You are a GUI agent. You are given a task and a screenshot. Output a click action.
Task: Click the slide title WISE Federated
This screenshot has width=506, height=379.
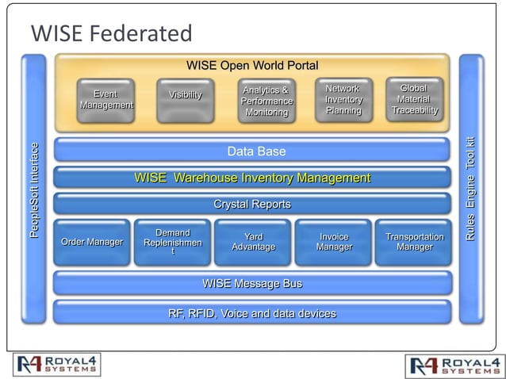click(x=111, y=33)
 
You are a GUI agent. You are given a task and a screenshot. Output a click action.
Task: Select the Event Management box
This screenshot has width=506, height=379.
click(x=105, y=101)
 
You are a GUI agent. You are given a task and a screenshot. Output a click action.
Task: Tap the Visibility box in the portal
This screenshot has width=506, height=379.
click(x=185, y=101)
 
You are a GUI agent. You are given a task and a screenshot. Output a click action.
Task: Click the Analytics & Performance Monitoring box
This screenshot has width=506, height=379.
click(x=266, y=101)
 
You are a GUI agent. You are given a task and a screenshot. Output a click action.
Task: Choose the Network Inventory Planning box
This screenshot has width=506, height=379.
click(x=343, y=100)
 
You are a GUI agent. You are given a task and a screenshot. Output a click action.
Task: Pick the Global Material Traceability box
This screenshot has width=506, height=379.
click(x=414, y=100)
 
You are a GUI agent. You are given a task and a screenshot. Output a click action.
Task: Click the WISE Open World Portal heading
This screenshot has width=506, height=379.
click(x=251, y=65)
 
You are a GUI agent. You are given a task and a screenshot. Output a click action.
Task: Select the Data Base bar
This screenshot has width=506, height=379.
click(x=252, y=151)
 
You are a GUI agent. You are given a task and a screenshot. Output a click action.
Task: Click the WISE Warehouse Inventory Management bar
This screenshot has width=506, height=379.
click(x=252, y=178)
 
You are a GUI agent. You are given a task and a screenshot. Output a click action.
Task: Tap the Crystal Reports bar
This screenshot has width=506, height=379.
click(x=252, y=205)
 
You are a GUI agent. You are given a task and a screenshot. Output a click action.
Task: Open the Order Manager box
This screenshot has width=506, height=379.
click(x=91, y=242)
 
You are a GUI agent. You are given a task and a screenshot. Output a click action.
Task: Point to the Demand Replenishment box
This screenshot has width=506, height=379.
click(x=172, y=242)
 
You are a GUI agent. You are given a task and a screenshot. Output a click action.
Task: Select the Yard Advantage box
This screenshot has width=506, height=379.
click(x=253, y=242)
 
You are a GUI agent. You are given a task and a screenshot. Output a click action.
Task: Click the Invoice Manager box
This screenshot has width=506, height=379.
click(x=334, y=242)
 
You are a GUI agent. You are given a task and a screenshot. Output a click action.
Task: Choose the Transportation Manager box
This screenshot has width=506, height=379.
click(x=414, y=242)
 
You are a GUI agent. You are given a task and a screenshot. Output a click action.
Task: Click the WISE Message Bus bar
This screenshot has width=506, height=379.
click(x=252, y=283)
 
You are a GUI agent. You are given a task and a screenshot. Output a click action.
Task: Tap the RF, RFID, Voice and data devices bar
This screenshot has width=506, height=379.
click(x=252, y=312)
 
